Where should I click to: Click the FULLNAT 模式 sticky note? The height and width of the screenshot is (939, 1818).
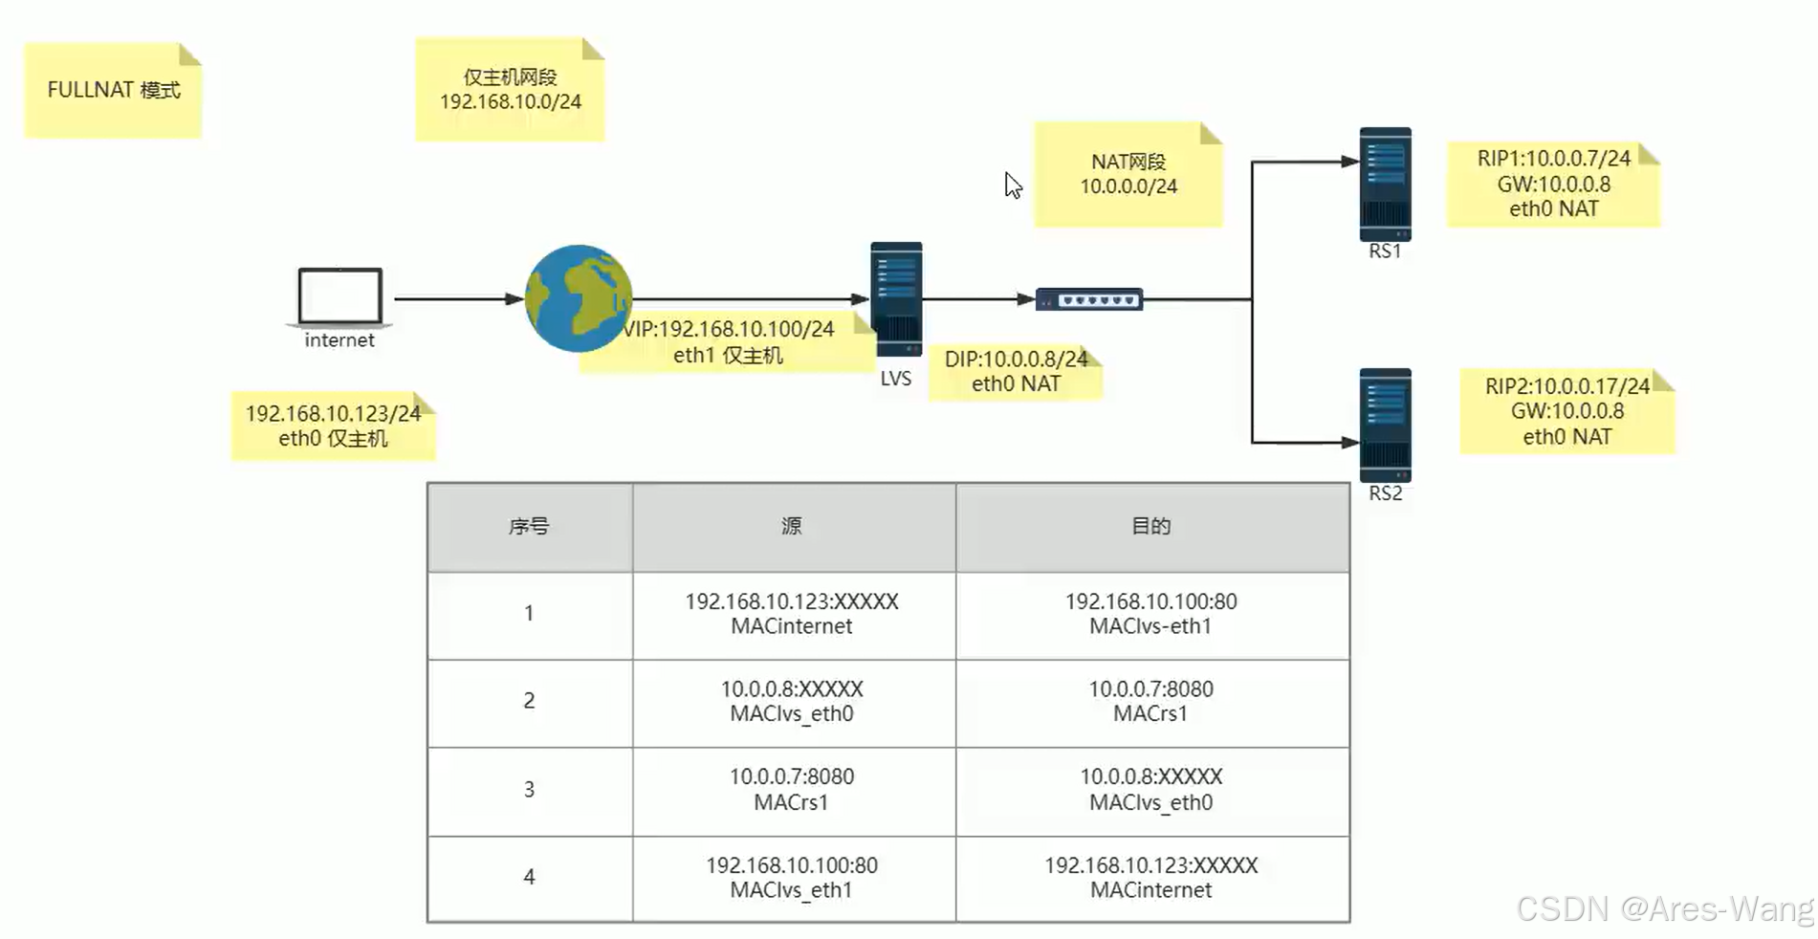coord(113,91)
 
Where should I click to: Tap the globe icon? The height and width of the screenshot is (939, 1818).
coord(578,298)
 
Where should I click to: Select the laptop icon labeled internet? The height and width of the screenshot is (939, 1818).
coord(340,296)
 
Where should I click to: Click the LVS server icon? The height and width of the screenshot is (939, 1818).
coord(896,298)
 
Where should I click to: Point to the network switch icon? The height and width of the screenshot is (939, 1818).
coord(1089,299)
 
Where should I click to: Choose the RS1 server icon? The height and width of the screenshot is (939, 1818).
coord(1385,184)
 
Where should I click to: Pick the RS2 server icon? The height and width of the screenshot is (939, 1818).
coord(1385,426)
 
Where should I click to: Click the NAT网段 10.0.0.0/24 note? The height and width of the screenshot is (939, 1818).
coord(1128,174)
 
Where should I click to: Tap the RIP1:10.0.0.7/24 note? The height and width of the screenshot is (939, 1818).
coord(1553,184)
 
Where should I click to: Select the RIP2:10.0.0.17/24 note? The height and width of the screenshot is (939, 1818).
coord(1566,411)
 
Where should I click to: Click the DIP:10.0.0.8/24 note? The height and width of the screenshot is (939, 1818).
coord(1016,371)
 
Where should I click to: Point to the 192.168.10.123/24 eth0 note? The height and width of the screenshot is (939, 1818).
coord(333,426)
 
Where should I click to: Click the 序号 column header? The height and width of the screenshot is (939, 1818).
coord(529,527)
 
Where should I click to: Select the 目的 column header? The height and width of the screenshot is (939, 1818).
coord(1151,527)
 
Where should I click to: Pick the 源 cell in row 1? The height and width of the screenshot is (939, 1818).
coord(792,614)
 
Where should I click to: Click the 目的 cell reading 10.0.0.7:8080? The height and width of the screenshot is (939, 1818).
coord(1150,701)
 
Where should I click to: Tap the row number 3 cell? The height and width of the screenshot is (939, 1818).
coord(529,790)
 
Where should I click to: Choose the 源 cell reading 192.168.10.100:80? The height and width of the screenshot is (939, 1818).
coord(792,878)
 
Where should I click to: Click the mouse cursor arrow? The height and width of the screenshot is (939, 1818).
coord(1012,185)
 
